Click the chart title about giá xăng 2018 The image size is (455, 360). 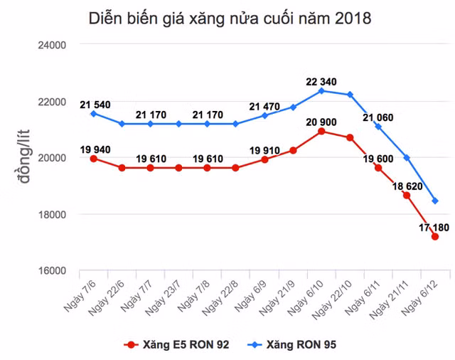coord(229,18)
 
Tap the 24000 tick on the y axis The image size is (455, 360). coord(50,45)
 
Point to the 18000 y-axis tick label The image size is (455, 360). coord(50,214)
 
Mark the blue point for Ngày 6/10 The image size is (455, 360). coord(321,91)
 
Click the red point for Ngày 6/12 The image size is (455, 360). coord(435,237)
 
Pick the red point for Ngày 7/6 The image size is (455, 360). coord(93,159)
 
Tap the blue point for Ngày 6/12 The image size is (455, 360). coord(435,201)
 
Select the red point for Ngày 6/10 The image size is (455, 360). coord(321,132)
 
